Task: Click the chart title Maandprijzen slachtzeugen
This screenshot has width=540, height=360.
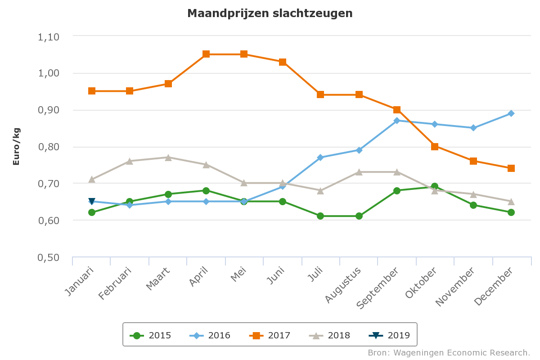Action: (x=270, y=13)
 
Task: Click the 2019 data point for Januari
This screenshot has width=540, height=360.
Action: (x=92, y=201)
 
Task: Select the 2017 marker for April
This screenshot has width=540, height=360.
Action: (x=206, y=54)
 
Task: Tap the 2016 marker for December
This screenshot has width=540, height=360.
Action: (x=511, y=113)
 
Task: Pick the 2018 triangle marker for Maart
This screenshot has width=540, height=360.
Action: (x=168, y=157)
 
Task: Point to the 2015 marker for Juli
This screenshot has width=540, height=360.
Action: (x=320, y=216)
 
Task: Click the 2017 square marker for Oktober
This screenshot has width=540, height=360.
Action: (x=435, y=146)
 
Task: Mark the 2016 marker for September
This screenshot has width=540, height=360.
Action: (x=397, y=121)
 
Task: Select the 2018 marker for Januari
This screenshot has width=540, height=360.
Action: (x=92, y=179)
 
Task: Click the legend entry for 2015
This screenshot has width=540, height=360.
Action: (x=150, y=335)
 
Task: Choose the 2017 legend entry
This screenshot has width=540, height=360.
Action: (x=270, y=335)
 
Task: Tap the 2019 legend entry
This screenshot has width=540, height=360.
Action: (x=389, y=335)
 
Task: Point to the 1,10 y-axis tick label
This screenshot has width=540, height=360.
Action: (x=49, y=36)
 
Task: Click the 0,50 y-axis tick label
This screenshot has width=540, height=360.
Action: (x=49, y=257)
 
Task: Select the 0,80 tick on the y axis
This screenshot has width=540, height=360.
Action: (x=49, y=147)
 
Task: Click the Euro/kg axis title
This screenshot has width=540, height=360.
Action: (x=16, y=146)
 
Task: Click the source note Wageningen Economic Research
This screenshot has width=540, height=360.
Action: (x=449, y=352)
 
